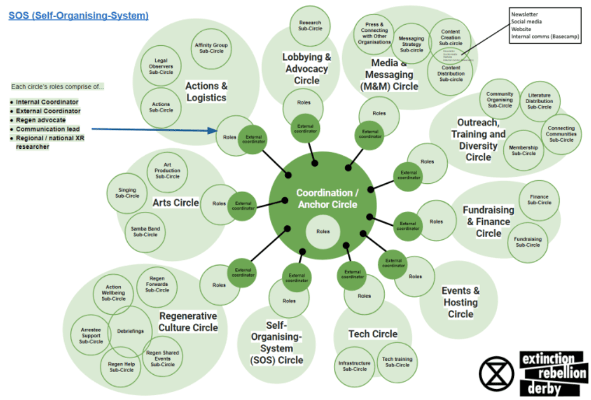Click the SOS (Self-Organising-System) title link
pyautogui.click(x=79, y=16)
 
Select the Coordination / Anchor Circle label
pyautogui.click(x=327, y=198)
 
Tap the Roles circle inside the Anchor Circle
pyautogui.click(x=323, y=231)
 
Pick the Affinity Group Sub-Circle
pyautogui.click(x=211, y=49)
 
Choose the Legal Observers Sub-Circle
pyautogui.click(x=161, y=66)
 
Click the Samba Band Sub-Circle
pyautogui.click(x=144, y=231)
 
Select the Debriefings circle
pyautogui.click(x=130, y=331)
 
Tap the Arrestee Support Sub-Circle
pyautogui.click(x=91, y=335)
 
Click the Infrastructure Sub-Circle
pyautogui.click(x=354, y=366)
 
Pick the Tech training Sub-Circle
pyautogui.click(x=397, y=362)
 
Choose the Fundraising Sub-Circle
pyautogui.click(x=527, y=242)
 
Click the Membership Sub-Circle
pyautogui.click(x=523, y=150)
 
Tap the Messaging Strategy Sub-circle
pyautogui.click(x=411, y=44)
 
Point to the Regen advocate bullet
pyautogui.click(x=40, y=120)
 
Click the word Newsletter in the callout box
pyautogui.click(x=524, y=14)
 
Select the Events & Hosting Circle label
pyautogui.click(x=461, y=302)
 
